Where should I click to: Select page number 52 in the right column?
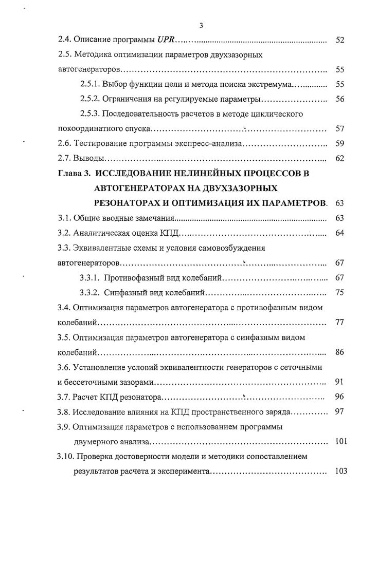pos(339,40)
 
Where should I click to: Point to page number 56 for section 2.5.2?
pos(339,99)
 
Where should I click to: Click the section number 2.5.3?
pos(91,114)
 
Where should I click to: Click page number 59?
pos(339,144)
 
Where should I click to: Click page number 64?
pos(339,233)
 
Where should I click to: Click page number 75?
pos(339,293)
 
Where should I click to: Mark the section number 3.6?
pos(63,367)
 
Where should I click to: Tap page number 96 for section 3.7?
pos(339,397)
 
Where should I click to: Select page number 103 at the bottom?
pos(340,471)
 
